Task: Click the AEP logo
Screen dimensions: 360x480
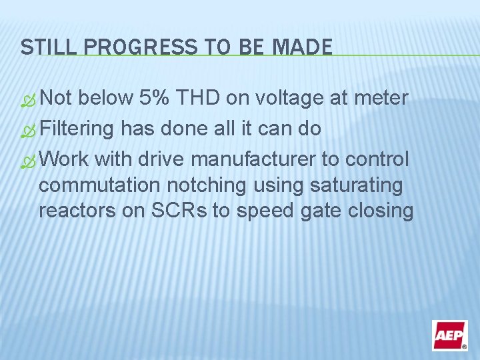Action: [449, 335]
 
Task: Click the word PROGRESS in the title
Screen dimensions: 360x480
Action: [123, 47]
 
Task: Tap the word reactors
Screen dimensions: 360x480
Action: [73, 211]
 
